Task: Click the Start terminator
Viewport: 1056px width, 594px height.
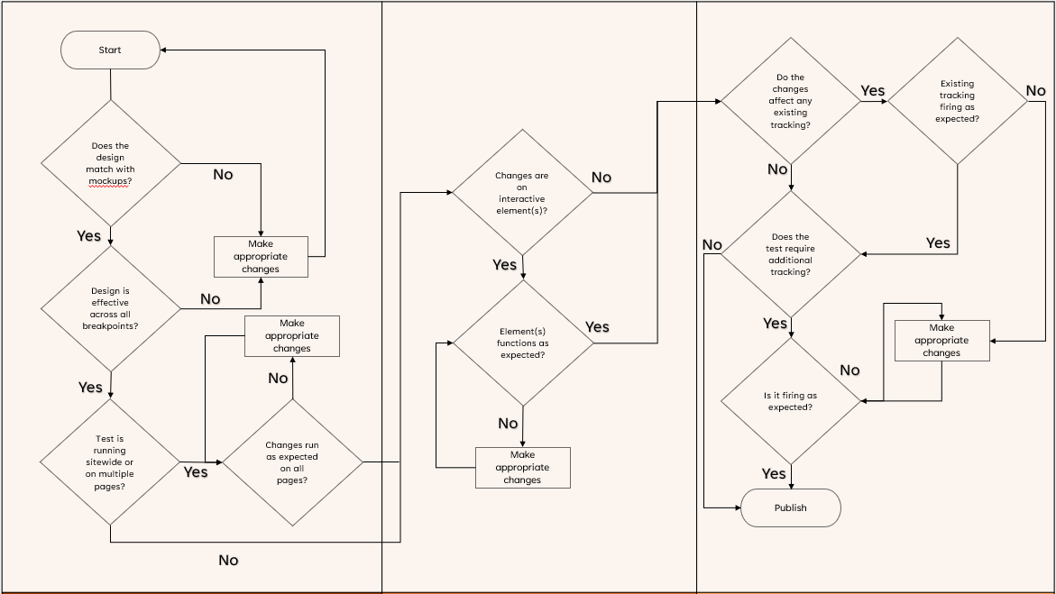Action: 110,50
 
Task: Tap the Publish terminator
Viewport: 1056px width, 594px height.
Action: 790,507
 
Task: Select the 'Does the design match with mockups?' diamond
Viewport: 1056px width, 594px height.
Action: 110,163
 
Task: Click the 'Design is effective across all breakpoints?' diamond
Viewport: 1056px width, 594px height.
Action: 110,308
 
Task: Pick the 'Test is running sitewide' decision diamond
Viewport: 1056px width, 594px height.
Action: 110,461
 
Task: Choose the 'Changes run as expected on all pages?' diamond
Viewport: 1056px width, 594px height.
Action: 292,462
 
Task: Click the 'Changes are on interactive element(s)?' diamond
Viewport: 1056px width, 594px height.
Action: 522,193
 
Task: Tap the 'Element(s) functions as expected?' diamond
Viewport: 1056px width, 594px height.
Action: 523,343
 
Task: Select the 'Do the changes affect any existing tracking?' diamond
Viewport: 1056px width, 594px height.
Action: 790,101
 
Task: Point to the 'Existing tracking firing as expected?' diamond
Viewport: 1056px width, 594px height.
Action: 957,101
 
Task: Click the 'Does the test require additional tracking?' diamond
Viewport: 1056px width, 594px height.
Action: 790,254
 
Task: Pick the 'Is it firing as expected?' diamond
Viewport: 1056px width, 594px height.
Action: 790,401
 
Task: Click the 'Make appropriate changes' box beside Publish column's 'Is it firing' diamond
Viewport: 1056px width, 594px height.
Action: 941,341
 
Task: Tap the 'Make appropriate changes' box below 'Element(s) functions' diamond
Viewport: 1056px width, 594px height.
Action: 522,468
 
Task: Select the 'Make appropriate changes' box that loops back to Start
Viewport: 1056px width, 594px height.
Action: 261,256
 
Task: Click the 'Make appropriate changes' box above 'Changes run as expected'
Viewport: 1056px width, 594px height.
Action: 292,336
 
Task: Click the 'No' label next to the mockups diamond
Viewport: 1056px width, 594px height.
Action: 223,174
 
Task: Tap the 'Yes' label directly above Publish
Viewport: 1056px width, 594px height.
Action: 774,473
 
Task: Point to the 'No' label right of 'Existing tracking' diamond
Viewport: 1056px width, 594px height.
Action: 1035,90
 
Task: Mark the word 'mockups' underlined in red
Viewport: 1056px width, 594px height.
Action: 108,181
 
